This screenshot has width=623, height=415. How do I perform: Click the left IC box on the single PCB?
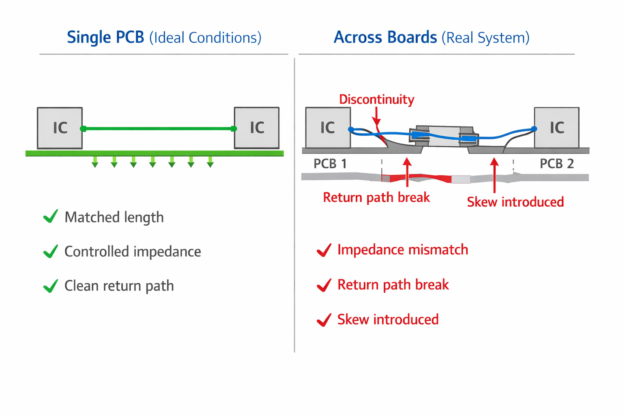[60, 128]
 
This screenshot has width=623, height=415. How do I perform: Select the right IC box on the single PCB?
[257, 128]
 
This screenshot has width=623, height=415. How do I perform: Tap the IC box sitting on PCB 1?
[328, 128]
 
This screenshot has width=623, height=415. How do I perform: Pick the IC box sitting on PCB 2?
[556, 128]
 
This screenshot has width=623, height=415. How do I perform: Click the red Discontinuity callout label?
[376, 99]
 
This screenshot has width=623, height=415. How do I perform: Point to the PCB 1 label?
[330, 164]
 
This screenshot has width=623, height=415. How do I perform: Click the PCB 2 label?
[556, 164]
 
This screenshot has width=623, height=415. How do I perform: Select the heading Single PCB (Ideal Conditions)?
[164, 37]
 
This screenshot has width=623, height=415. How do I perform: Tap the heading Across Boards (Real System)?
[432, 37]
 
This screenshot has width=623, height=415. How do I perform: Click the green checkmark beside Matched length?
[50, 216]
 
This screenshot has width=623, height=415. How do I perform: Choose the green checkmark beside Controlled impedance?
[50, 251]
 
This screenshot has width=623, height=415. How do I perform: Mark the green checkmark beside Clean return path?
[50, 286]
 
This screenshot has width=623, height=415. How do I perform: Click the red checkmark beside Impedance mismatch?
[324, 250]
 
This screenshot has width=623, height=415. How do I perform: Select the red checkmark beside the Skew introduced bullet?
[324, 320]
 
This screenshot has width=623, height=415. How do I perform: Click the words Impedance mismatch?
[402, 250]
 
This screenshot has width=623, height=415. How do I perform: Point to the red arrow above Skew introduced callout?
[494, 174]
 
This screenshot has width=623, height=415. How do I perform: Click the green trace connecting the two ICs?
[158, 128]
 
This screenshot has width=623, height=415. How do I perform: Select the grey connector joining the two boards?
[444, 134]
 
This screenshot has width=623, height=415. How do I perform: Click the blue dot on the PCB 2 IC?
[534, 129]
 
